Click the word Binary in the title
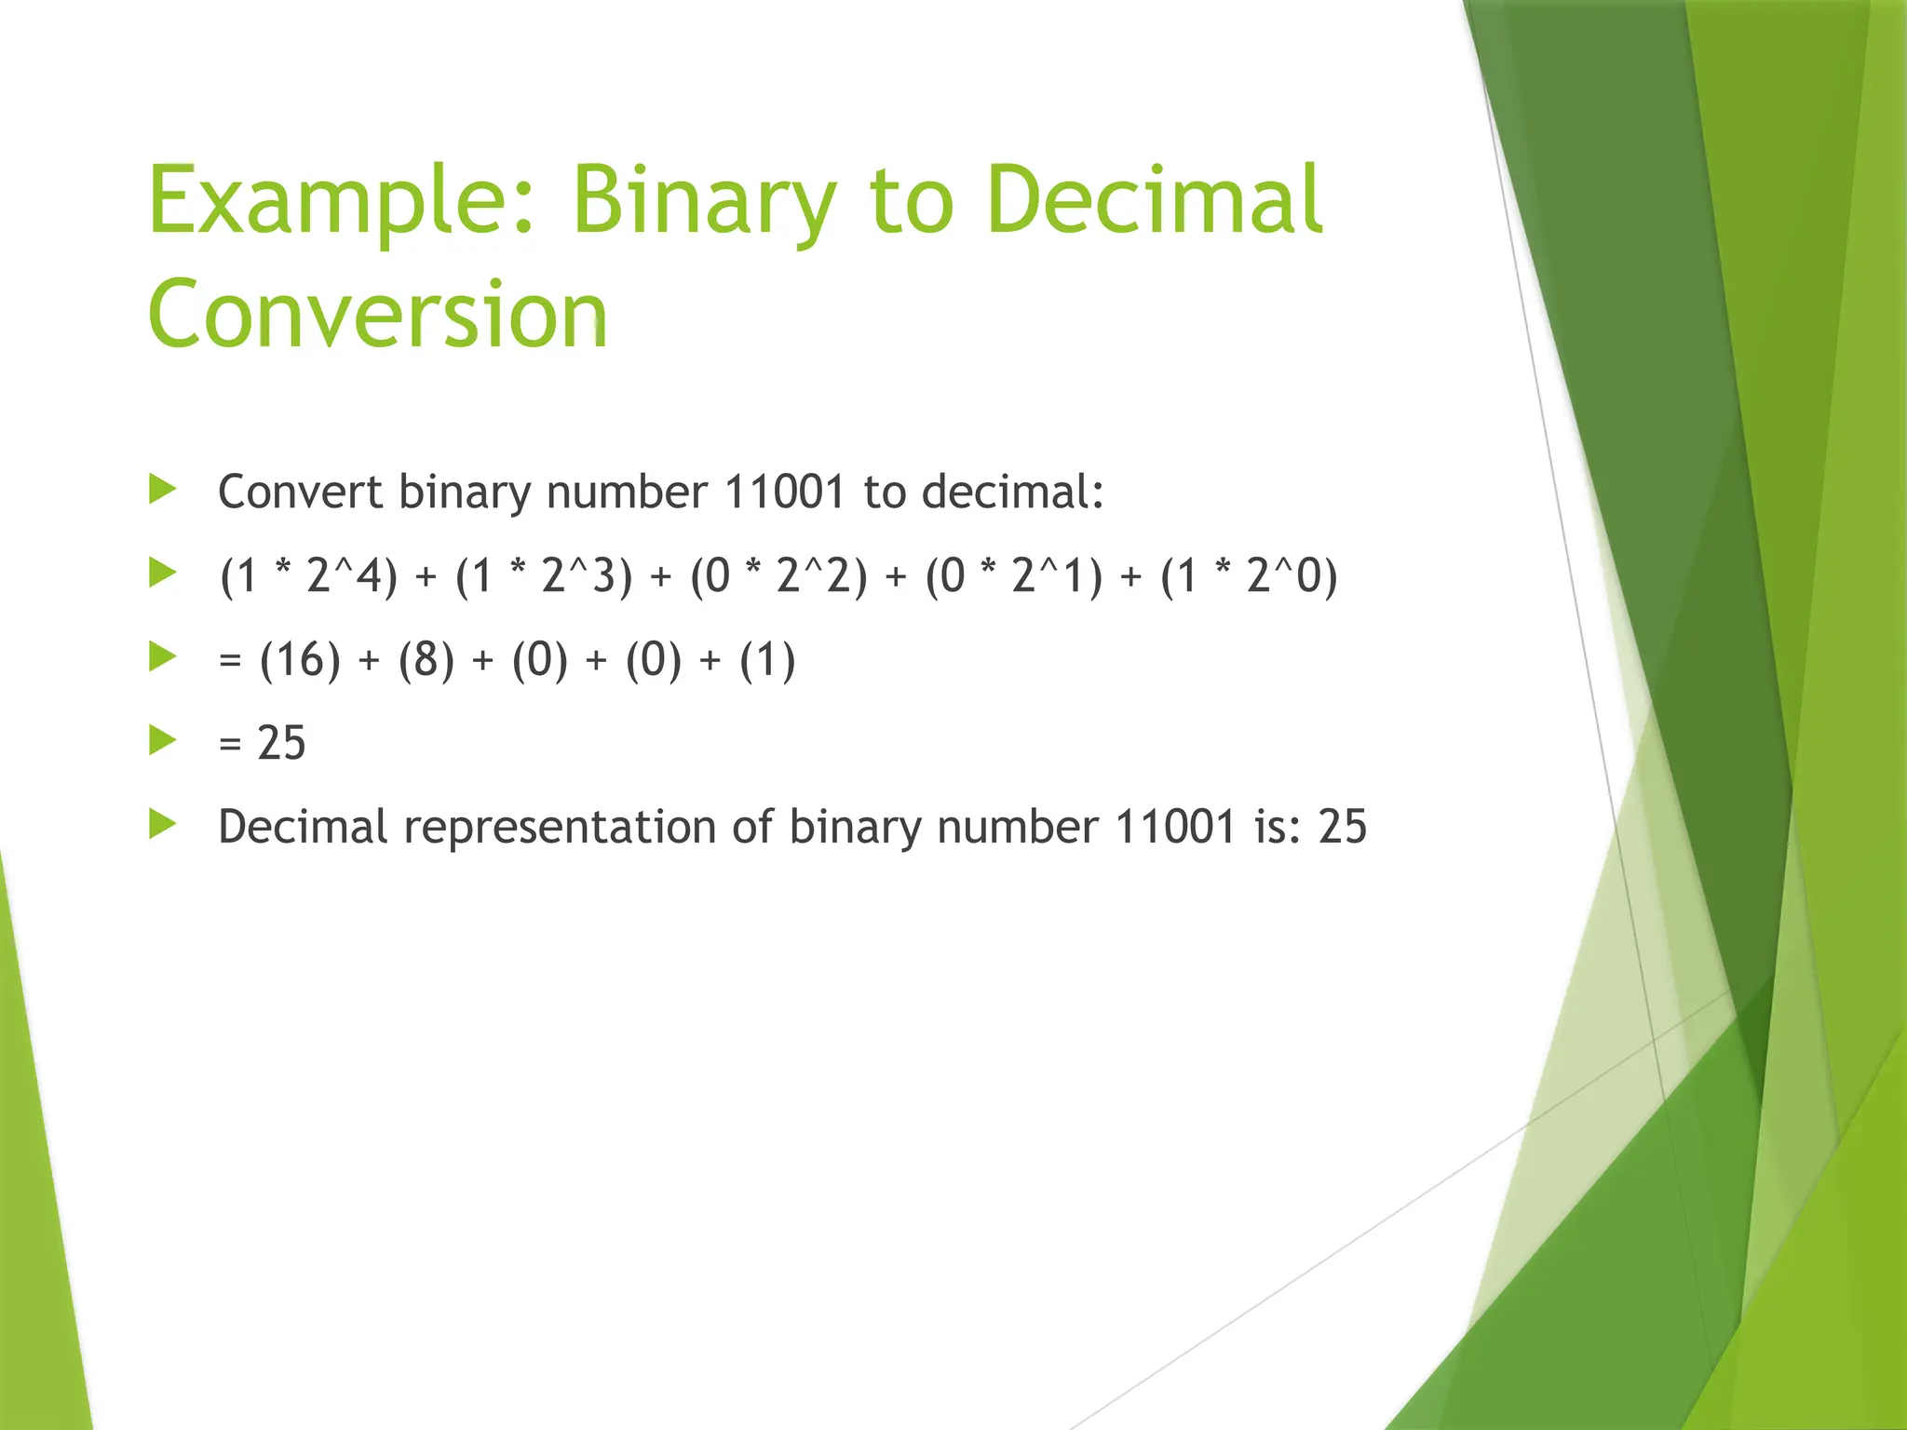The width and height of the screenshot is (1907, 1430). pos(704,200)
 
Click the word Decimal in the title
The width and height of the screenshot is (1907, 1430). pos(1155,200)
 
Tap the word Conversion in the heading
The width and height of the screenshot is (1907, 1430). pos(378,314)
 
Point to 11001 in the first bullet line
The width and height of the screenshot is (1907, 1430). pos(784,492)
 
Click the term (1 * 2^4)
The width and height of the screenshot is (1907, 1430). pos(308,575)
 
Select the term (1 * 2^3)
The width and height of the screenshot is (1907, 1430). pos(544,575)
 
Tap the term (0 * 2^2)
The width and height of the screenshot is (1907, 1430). pos(778,575)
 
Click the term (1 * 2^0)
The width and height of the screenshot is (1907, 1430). pos(1249,575)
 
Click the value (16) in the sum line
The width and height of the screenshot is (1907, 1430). pos(300,660)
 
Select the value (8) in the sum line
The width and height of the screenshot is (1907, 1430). pos(426,660)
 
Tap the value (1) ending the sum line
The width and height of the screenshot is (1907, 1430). pos(767,660)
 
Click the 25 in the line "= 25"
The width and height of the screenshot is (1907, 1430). pos(281,743)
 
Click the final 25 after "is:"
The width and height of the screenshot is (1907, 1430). pos(1342,827)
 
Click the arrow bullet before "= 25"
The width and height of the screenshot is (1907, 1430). pos(163,741)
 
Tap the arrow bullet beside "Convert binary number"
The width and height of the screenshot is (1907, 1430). pos(163,489)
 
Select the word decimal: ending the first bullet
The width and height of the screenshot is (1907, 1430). pos(1012,492)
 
